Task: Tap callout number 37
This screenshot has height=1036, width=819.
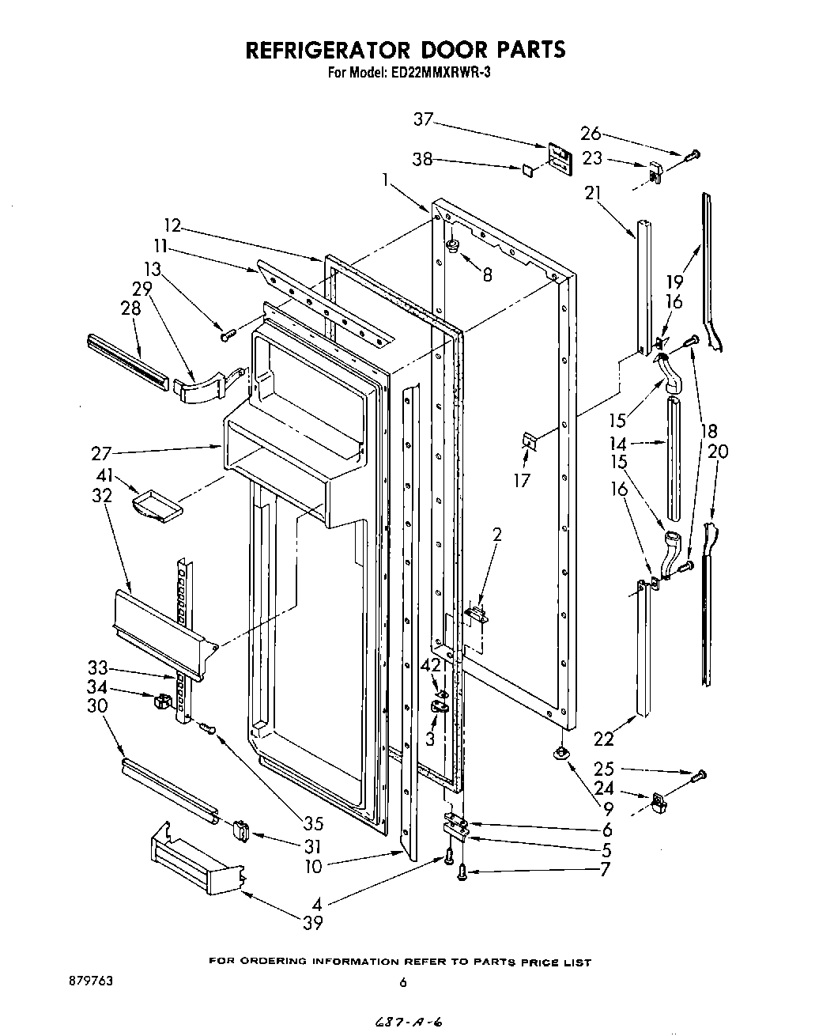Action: tap(424, 119)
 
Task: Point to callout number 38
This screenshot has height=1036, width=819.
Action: tap(423, 160)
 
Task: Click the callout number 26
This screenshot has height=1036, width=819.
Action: tap(591, 133)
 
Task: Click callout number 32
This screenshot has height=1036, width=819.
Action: tap(101, 496)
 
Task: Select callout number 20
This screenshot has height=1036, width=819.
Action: tap(718, 452)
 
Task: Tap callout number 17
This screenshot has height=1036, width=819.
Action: tap(522, 479)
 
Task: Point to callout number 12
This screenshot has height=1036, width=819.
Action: tap(172, 226)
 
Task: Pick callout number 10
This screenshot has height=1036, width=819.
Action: tap(314, 867)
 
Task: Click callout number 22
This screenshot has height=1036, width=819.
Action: tap(603, 739)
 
